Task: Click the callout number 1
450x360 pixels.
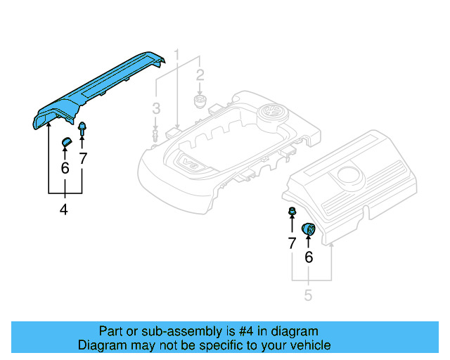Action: click(177, 54)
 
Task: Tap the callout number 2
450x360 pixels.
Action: click(200, 75)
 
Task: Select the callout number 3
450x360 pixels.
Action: click(156, 108)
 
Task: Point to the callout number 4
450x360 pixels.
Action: click(64, 209)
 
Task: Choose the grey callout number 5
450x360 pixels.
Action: click(308, 295)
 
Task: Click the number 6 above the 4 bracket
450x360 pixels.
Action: click(65, 168)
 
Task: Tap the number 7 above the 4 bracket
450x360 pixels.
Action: click(83, 159)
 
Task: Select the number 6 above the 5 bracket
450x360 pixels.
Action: click(308, 257)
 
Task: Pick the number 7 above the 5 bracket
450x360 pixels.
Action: click(291, 244)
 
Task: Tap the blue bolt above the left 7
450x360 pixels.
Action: click(83, 129)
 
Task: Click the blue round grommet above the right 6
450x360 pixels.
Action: click(308, 229)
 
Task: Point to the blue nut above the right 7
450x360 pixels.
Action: click(290, 212)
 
